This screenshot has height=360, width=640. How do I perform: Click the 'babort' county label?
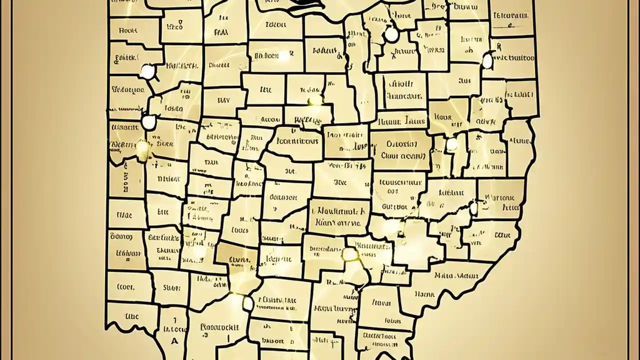point(273,341)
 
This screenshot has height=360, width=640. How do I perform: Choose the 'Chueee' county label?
point(219,64)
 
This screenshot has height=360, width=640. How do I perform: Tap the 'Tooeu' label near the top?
point(276,23)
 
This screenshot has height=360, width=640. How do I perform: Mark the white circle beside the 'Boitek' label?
point(147,71)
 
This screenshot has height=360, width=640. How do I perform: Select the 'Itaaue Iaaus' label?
point(401,121)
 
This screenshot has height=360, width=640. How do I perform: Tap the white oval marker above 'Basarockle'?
point(247,302)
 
